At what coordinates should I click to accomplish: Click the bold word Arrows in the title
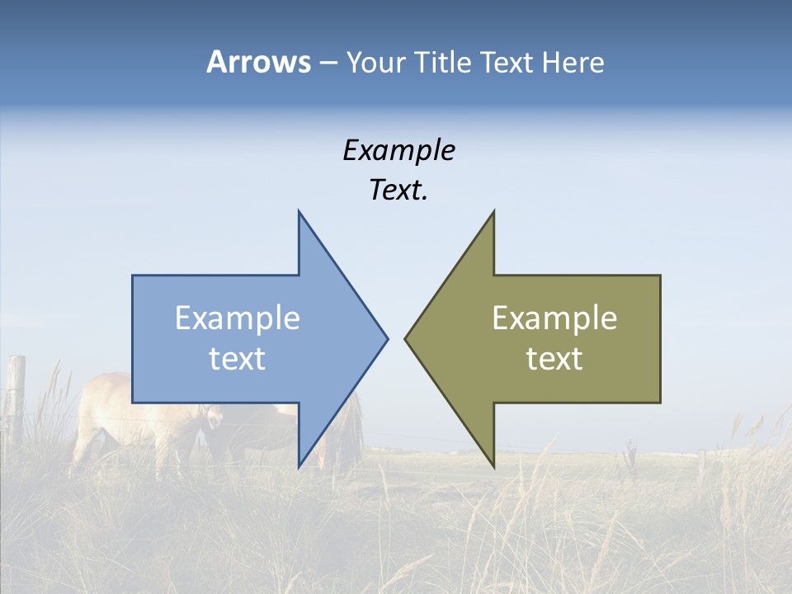pos(258,62)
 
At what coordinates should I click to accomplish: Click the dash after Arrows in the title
pos(328,64)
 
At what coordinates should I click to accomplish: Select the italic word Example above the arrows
pos(398,150)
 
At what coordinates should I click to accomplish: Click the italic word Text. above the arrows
pos(398,190)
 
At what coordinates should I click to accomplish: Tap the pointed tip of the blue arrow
pos(387,337)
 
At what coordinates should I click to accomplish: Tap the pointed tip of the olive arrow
pos(406,337)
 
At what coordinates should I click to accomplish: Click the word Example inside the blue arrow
pos(238,318)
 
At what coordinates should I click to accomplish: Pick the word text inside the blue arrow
pos(238,358)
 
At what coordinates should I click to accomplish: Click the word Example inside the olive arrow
pos(554,318)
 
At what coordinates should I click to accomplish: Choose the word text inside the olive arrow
pos(554,358)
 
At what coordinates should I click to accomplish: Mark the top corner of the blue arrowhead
pos(299,212)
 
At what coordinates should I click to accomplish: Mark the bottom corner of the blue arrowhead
pos(299,466)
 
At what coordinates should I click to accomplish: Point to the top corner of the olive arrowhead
pos(493,212)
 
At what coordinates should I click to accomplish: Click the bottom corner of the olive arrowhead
pos(493,466)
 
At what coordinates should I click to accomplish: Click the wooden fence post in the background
pos(16,396)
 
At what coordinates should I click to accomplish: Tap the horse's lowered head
pos(213,419)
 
